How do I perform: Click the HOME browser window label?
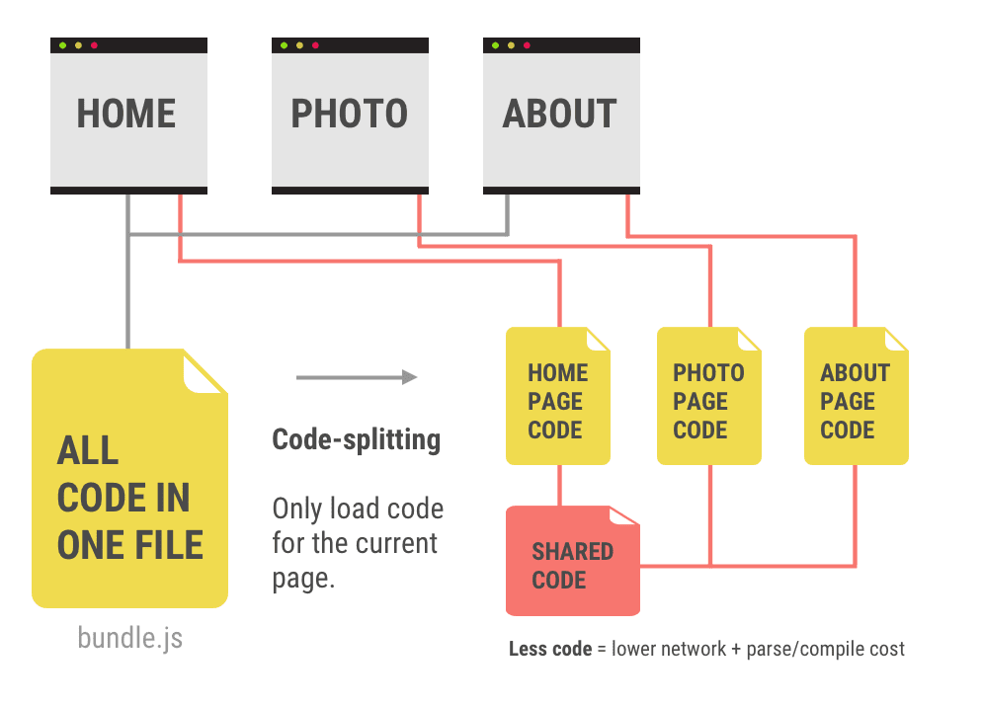pos(126,115)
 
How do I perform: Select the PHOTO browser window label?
pos(349,115)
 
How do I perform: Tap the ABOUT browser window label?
pos(559,115)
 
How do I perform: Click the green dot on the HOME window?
pos(63,45)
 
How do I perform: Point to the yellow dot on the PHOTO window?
pos(299,45)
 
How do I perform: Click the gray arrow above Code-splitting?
pos(356,377)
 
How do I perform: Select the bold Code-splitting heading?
pos(356,439)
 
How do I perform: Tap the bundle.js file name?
pos(129,638)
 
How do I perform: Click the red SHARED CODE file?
pos(572,563)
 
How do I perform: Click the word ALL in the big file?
pos(88,451)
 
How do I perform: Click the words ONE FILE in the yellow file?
pos(129,545)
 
